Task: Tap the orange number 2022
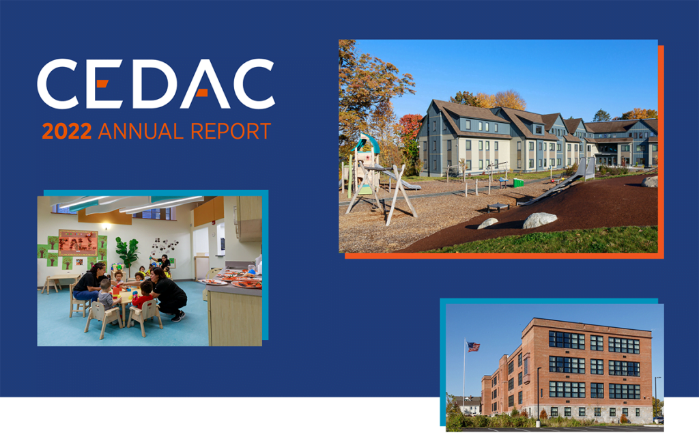coord(67,131)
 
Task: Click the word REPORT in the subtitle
coord(234,131)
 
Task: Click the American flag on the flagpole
coord(473,346)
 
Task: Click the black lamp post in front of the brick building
coord(538,396)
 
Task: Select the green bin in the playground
coord(518,182)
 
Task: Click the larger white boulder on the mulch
coord(540,220)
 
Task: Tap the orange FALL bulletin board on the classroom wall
coord(77,242)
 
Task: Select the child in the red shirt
coord(142,298)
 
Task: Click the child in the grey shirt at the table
coord(106,295)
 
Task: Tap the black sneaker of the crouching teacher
coord(178,317)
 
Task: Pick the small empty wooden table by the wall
coord(55,280)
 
